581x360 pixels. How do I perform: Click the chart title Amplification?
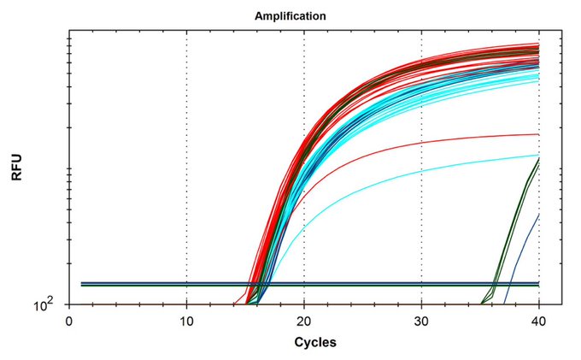(290, 15)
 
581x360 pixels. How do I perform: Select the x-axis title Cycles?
(315, 342)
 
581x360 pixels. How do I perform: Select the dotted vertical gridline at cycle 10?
(186, 171)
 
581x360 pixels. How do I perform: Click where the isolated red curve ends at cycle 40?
(537, 134)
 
